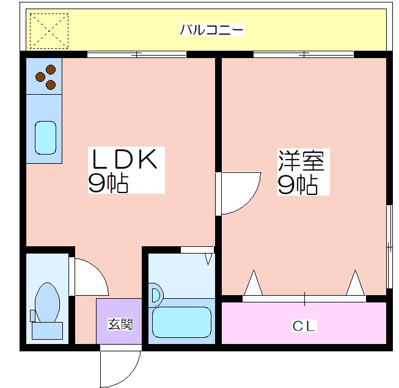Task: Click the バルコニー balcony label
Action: point(211,29)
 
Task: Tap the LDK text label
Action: point(124,159)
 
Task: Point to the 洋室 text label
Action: point(301,161)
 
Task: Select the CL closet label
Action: point(304,326)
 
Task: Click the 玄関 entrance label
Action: point(120,324)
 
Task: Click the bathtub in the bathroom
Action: point(181,322)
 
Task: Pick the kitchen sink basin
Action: point(45,137)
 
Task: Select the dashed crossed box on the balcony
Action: point(49,31)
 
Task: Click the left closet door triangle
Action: point(253,283)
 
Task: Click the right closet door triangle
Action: point(356,283)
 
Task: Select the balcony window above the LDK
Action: point(137,54)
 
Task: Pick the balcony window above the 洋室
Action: point(304,54)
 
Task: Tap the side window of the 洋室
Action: point(389,247)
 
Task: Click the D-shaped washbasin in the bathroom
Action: point(156,295)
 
